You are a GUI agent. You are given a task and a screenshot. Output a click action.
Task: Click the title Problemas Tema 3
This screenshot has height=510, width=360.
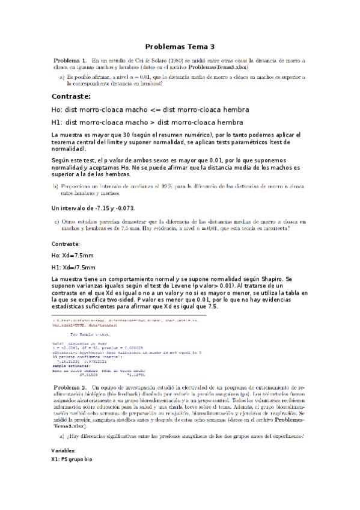coord(180,46)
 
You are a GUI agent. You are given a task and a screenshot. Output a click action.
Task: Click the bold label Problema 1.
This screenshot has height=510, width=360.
coord(70,60)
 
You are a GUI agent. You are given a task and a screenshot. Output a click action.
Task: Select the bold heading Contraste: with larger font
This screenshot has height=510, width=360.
coord(72,96)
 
